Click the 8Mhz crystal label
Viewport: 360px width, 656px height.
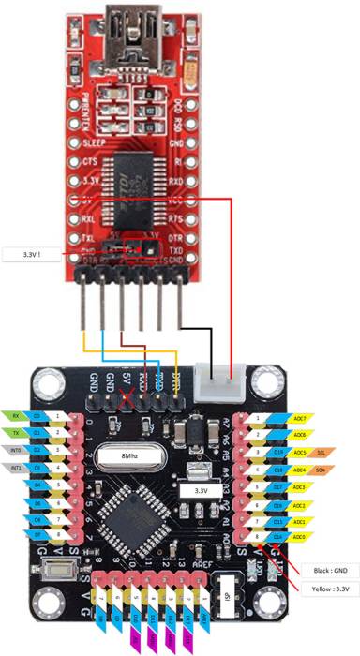(x=130, y=457)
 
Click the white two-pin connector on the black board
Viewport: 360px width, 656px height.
(x=217, y=387)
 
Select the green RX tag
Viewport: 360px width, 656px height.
(x=16, y=414)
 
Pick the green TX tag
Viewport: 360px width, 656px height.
(x=16, y=433)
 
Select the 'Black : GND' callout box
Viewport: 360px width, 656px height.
(x=323, y=569)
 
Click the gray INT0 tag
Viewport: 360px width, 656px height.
(x=16, y=451)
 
